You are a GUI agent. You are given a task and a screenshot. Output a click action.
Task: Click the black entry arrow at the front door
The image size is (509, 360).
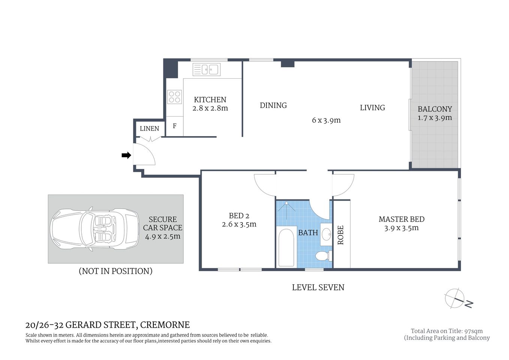(x=126, y=155)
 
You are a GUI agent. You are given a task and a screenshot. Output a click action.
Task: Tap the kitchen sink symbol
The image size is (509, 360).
(x=206, y=69)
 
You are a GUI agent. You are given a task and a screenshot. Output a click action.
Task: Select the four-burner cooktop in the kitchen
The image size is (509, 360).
(x=174, y=97)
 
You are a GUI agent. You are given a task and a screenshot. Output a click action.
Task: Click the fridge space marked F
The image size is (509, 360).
(x=175, y=126)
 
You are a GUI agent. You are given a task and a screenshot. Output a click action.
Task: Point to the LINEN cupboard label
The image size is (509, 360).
(x=149, y=129)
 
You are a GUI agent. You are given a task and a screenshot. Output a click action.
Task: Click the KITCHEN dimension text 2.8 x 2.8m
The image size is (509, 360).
(x=210, y=108)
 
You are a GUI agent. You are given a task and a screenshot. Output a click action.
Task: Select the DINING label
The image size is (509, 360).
(x=273, y=105)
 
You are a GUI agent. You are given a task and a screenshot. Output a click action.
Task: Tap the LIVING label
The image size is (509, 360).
(x=372, y=108)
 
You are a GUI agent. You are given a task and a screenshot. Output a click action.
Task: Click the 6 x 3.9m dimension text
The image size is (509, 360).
(x=326, y=120)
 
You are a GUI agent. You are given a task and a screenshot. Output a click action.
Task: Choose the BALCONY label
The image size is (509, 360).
(x=435, y=109)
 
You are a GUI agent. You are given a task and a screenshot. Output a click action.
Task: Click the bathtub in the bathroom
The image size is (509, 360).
(x=286, y=247)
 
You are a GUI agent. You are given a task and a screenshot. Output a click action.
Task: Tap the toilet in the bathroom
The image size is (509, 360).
(x=322, y=256)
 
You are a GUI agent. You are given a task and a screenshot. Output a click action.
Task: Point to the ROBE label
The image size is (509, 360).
(x=341, y=235)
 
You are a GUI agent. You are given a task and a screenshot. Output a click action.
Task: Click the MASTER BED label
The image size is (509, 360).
(x=401, y=219)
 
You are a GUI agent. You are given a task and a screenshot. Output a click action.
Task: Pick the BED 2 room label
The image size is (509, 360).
(x=239, y=216)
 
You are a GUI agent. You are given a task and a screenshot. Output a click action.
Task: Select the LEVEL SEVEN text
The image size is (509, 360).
(x=318, y=287)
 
